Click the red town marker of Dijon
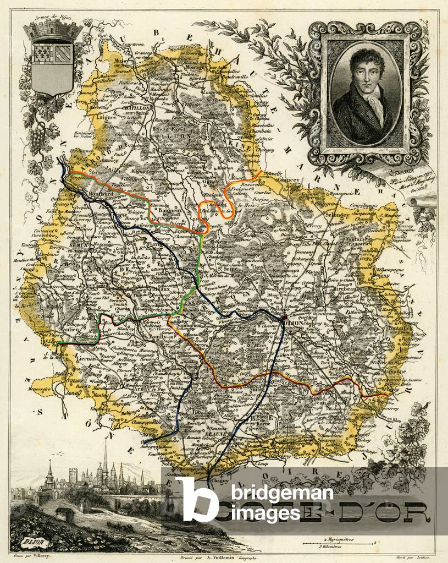[283, 319]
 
